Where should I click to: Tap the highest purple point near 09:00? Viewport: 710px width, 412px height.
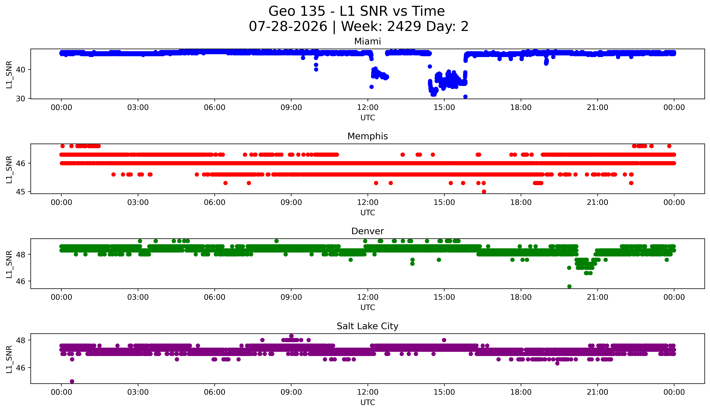pos(291,336)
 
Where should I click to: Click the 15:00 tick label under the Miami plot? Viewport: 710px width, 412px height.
pos(444,108)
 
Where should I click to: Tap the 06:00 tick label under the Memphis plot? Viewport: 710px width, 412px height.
pos(215,203)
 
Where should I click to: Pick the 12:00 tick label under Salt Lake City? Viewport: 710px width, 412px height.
pos(368,392)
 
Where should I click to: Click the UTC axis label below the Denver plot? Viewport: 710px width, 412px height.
pos(368,308)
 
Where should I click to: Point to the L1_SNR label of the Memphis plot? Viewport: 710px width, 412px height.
pos(9,170)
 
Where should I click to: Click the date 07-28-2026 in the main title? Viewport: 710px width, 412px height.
pos(288,26)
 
